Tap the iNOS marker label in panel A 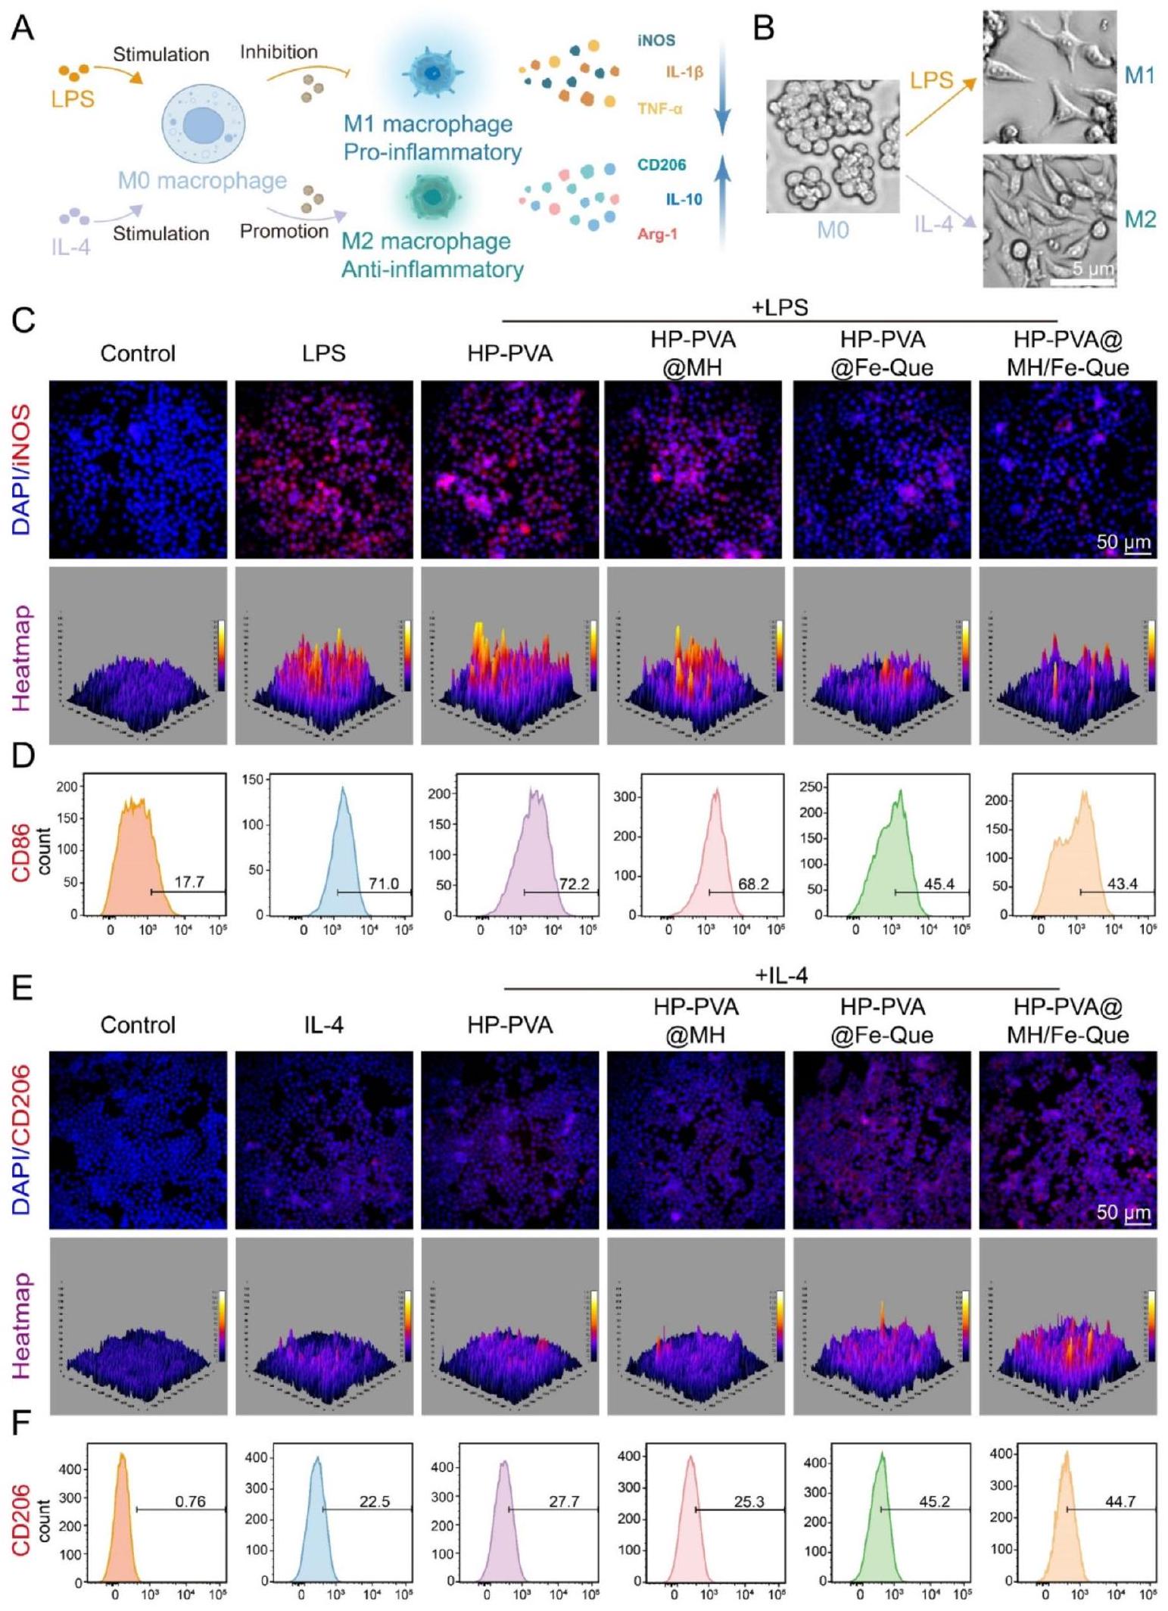tap(656, 41)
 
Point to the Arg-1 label tap(657, 235)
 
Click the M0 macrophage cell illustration tap(202, 123)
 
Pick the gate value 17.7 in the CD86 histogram tap(188, 882)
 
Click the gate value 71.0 tap(384, 883)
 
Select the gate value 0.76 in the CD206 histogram tap(190, 1501)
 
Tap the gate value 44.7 tap(1120, 1501)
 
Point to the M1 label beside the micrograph tap(1139, 76)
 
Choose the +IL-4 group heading tap(781, 976)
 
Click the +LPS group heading tap(780, 307)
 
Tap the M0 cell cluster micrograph tap(832, 146)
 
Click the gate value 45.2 tap(934, 1501)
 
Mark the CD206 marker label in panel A tap(661, 165)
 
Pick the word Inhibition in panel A tap(279, 52)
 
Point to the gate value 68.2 tap(753, 883)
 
